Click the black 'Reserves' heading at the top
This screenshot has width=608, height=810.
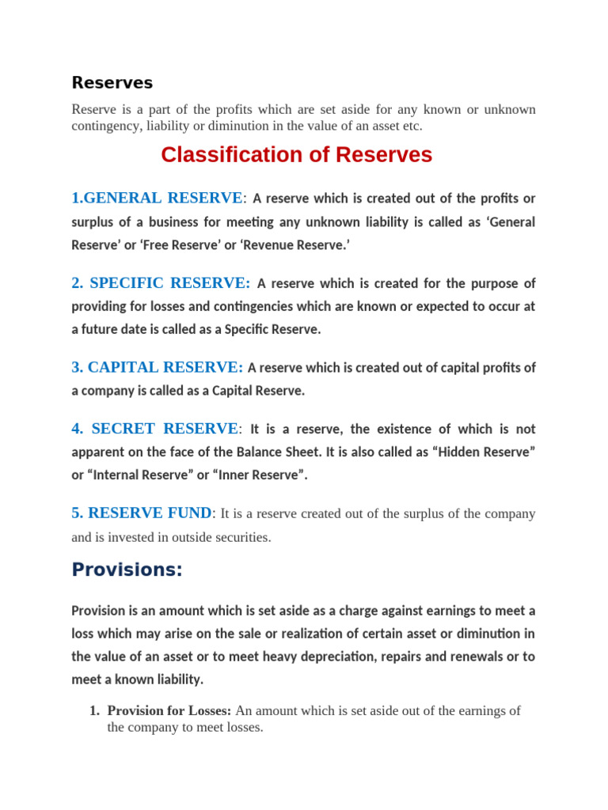point(112,82)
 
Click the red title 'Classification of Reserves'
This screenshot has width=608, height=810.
point(296,154)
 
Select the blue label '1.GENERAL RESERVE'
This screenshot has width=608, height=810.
point(157,198)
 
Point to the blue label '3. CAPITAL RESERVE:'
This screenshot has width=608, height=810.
point(157,367)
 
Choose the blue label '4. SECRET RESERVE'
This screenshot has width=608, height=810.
point(154,429)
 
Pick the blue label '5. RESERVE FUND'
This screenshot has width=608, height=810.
point(142,513)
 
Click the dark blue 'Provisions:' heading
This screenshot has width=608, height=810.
point(127,570)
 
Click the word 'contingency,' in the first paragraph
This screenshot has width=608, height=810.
point(107,126)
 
